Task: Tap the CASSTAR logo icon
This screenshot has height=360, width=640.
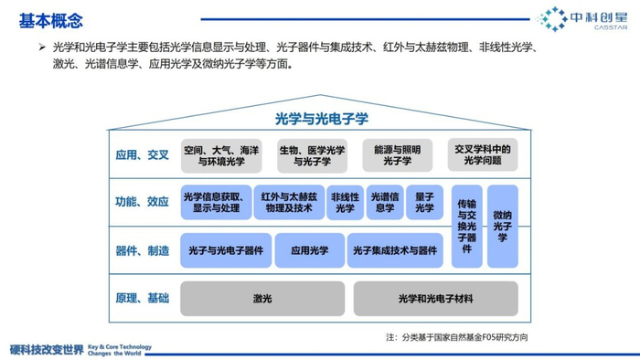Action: tap(552, 19)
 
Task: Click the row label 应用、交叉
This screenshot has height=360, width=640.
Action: tap(142, 155)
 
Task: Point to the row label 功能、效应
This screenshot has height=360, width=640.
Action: tap(142, 202)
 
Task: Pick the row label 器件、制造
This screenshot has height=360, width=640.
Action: tap(142, 250)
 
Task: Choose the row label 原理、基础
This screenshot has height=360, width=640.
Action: tap(142, 299)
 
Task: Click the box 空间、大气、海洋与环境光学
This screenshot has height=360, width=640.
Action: tap(221, 155)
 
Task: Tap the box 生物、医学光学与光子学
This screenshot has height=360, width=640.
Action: tap(311, 155)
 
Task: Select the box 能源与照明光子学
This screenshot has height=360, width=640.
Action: tap(397, 155)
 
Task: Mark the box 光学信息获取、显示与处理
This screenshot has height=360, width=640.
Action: tap(214, 202)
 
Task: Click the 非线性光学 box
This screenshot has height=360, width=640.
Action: tap(345, 202)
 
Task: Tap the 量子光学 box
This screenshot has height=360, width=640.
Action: tap(424, 202)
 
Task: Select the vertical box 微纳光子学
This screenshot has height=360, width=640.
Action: tap(502, 226)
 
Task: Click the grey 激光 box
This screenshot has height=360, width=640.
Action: tap(262, 299)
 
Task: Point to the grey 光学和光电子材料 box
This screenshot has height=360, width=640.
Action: tap(435, 299)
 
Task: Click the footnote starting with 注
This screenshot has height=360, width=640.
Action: tap(457, 337)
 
